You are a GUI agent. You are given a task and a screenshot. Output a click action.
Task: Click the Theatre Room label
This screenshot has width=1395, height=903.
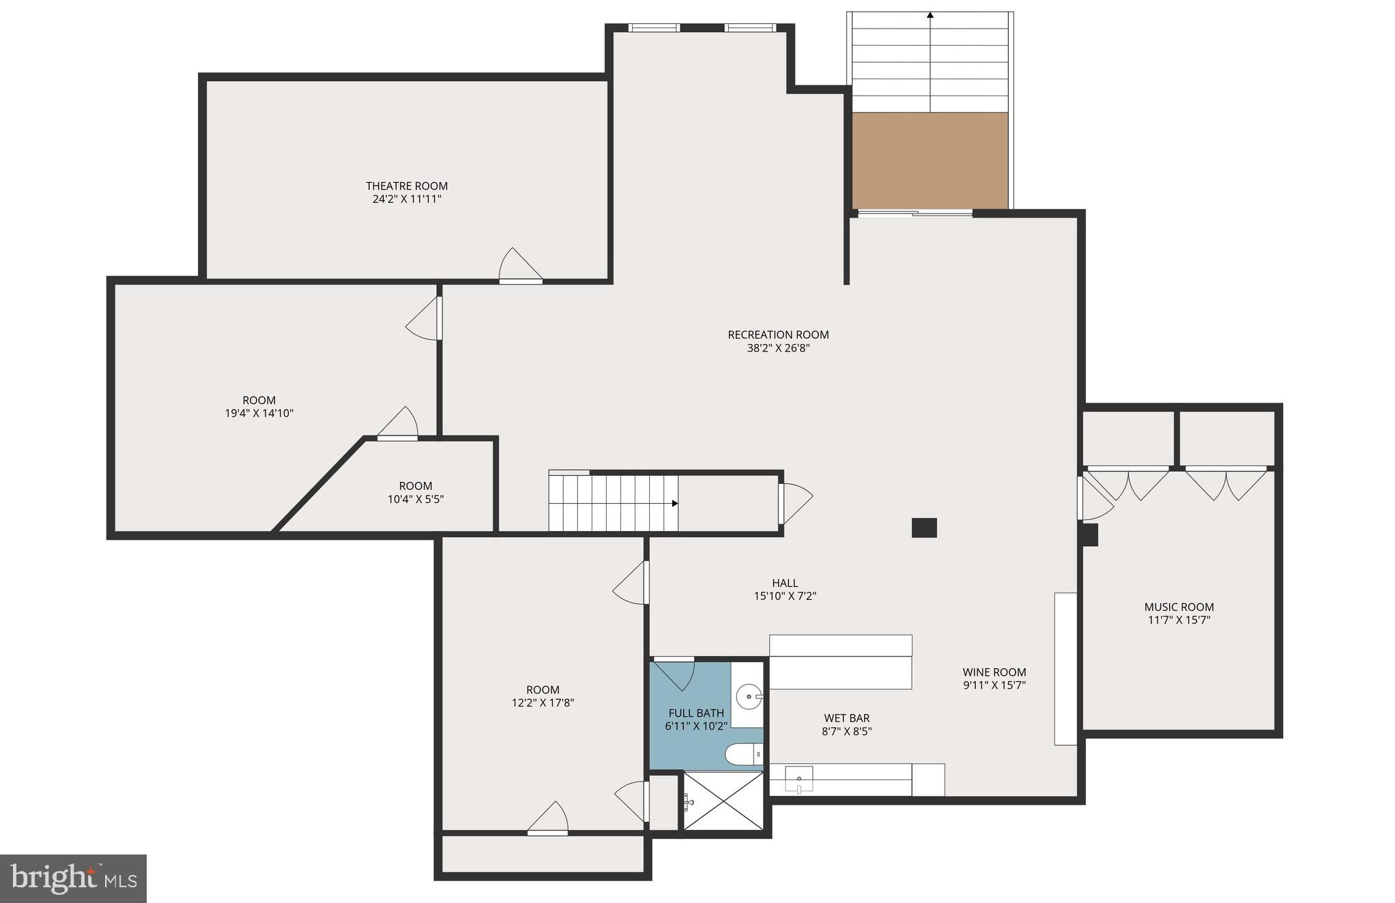[x=407, y=186]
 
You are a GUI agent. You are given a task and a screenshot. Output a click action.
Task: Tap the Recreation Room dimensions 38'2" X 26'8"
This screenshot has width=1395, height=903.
[x=778, y=348]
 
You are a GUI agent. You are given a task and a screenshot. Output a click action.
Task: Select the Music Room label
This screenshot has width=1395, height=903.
[x=1179, y=607]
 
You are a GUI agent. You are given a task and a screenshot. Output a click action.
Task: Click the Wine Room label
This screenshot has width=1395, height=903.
[x=994, y=672]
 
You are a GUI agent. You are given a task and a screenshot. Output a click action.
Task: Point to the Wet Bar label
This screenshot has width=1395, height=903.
[x=846, y=718]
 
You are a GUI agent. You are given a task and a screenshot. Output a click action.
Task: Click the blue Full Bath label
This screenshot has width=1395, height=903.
[x=696, y=713]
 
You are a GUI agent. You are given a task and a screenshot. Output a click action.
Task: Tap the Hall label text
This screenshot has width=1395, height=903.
[x=785, y=583]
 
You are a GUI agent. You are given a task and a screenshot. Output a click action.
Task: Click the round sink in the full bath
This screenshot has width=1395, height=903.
[x=749, y=697]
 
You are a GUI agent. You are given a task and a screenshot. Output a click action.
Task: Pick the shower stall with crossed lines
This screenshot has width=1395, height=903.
[x=723, y=801]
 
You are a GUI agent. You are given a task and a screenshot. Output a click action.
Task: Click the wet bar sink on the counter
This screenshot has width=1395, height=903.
[x=799, y=779]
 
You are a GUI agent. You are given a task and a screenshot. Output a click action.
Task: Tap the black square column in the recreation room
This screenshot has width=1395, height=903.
[x=924, y=528]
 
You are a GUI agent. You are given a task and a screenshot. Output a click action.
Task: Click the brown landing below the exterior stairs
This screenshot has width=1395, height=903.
[x=930, y=160]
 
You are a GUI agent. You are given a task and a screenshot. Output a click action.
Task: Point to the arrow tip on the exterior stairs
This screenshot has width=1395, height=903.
[x=930, y=14]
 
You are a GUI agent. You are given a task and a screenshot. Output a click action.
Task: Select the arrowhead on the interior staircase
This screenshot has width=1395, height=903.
[x=675, y=504]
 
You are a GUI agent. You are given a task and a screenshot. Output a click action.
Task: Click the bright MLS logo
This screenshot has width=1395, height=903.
[x=73, y=878]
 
